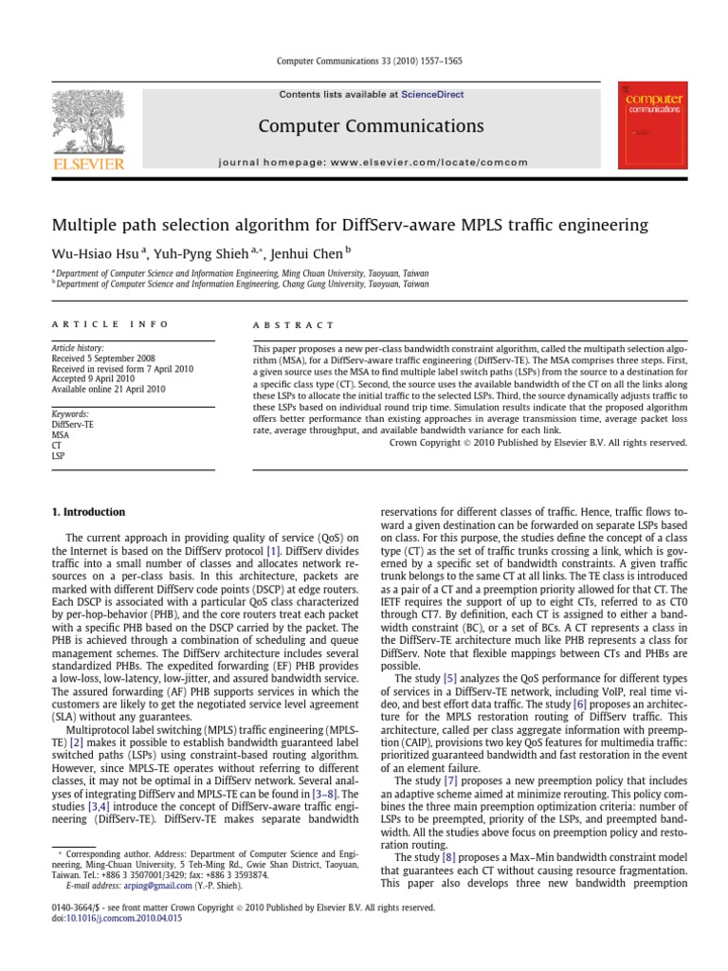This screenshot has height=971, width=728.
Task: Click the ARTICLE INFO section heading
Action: (x=110, y=324)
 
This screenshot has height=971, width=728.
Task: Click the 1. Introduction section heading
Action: (x=87, y=513)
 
